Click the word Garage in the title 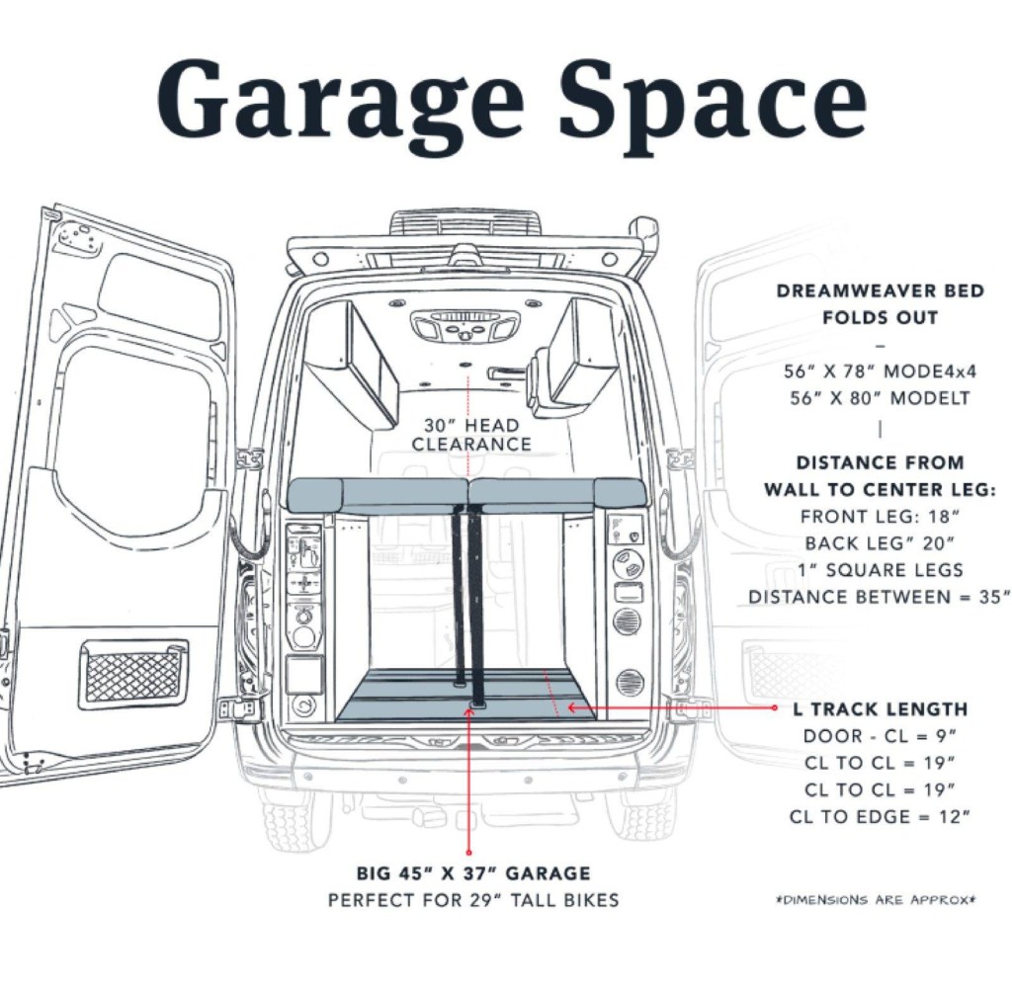[341, 100]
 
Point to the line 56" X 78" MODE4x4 [880, 372]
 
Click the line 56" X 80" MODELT [880, 399]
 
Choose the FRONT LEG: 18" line [880, 516]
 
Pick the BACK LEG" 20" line [880, 543]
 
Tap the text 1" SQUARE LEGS [880, 570]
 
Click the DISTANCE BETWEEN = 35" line [880, 598]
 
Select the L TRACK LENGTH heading [880, 709]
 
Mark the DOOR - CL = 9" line [880, 736]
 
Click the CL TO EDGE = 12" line [880, 816]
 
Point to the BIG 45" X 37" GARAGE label [473, 874]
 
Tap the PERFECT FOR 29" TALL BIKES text [473, 901]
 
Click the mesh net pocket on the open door [134, 675]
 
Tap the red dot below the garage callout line [469, 851]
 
